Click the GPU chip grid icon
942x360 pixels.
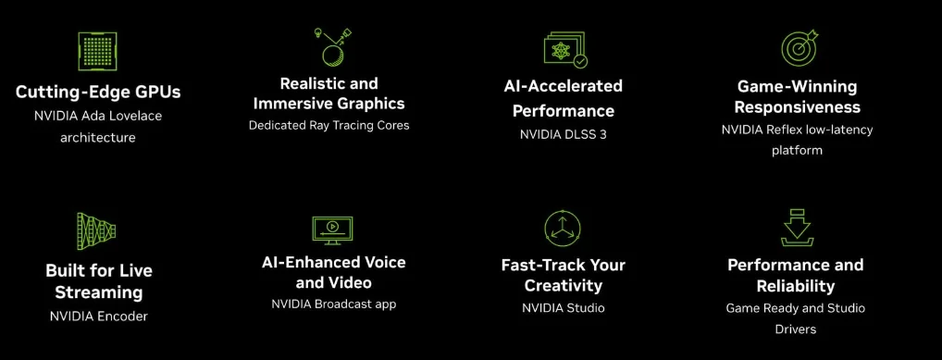[x=97, y=52]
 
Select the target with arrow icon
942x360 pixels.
[x=799, y=48]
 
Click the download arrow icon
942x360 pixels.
[x=798, y=227]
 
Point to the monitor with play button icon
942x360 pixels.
[x=332, y=230]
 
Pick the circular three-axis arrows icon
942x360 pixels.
[x=563, y=229]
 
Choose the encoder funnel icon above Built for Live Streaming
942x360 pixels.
[x=96, y=230]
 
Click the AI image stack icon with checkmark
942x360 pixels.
[x=565, y=49]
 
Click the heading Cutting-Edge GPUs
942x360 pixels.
[x=98, y=92]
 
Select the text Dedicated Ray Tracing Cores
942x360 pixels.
[x=328, y=125]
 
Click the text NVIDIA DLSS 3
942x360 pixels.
[x=563, y=134]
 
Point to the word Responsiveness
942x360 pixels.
[x=798, y=107]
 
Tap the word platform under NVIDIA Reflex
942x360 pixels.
[x=797, y=150]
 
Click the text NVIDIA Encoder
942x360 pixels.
[x=98, y=316]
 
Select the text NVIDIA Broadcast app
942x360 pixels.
[x=333, y=304]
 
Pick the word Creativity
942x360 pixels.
[x=563, y=285]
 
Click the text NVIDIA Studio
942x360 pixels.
[x=563, y=308]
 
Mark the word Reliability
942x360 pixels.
[x=796, y=285]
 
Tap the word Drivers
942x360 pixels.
[x=796, y=329]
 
